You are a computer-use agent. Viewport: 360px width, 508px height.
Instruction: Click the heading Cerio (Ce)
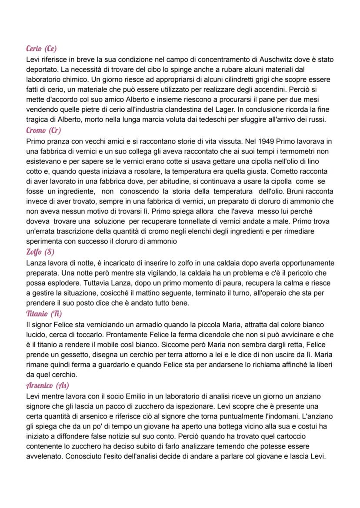coord(42,49)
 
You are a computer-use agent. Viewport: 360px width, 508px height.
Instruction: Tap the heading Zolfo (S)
coord(40,252)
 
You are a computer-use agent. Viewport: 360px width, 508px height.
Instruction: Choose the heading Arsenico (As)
coord(48,385)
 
